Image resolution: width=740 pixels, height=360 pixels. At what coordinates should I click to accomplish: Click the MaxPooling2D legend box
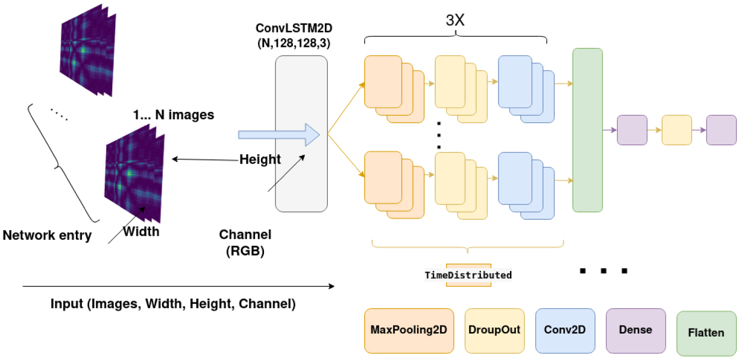click(x=409, y=330)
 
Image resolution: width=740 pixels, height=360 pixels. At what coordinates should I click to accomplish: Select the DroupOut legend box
click(x=494, y=330)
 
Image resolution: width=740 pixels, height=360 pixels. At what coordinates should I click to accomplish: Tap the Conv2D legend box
click(x=565, y=330)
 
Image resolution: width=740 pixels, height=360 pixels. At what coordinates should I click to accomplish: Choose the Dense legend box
click(x=635, y=330)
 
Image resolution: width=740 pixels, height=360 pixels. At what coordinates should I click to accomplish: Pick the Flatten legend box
click(x=706, y=333)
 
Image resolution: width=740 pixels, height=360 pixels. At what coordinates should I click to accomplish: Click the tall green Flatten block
click(x=587, y=130)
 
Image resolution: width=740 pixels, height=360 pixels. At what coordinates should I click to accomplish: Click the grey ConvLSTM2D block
click(x=301, y=133)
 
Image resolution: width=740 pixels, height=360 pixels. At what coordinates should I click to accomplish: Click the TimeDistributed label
click(x=468, y=275)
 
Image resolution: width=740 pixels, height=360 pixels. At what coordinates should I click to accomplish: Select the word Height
click(x=260, y=160)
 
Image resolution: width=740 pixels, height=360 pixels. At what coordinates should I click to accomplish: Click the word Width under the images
click(x=141, y=231)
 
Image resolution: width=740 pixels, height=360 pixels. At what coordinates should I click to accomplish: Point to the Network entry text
click(x=47, y=235)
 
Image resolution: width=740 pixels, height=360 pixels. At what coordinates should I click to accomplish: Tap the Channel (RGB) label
click(x=245, y=243)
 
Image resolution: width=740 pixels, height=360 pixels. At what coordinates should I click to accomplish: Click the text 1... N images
click(x=173, y=115)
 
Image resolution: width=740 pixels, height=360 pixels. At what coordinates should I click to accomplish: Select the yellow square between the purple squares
click(x=677, y=130)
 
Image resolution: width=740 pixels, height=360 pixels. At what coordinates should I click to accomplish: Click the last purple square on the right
click(x=721, y=130)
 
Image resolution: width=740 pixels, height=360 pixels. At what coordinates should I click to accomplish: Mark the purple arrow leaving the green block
click(x=610, y=130)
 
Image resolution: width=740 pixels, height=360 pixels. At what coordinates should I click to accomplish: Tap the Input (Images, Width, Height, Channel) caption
click(x=173, y=304)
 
